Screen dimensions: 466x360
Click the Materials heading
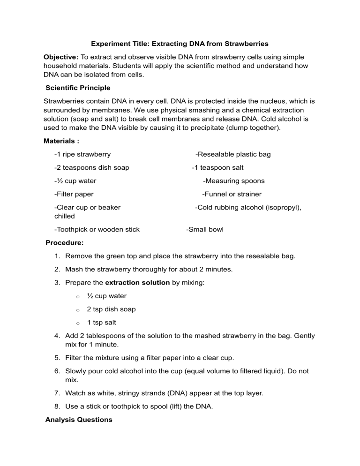tap(61, 140)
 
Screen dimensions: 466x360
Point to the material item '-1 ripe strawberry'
tap(82, 154)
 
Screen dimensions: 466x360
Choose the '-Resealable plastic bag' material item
tap(233, 154)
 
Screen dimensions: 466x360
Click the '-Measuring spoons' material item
tap(234, 180)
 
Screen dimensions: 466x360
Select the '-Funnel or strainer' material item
tap(232, 194)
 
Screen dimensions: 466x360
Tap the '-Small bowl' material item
tap(205, 229)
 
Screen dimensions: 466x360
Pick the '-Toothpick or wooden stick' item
tap(97, 229)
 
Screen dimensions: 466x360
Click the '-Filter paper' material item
tap(74, 194)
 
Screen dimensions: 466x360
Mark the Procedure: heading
tap(65, 243)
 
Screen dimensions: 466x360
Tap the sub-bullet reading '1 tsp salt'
tap(102, 323)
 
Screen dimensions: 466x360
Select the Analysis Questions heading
tap(79, 420)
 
